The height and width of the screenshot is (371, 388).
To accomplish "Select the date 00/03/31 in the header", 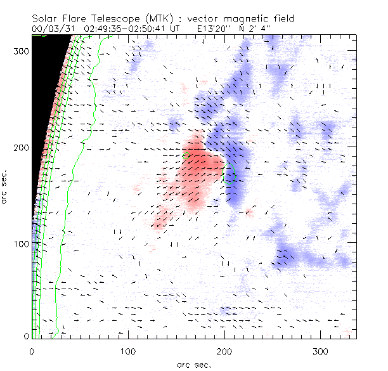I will pyautogui.click(x=55, y=29).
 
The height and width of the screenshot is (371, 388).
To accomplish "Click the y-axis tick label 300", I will pyautogui.click(x=22, y=51).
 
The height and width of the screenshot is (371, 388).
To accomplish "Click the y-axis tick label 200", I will pyautogui.click(x=22, y=147).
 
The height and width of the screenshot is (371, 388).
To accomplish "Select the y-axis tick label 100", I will pyautogui.click(x=22, y=244).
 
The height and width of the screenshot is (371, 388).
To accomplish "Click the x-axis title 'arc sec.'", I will pyautogui.click(x=194, y=364).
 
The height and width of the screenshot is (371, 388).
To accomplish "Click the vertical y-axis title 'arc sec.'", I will pyautogui.click(x=5, y=186).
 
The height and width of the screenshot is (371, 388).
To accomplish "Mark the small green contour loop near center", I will pyautogui.click(x=231, y=173).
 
